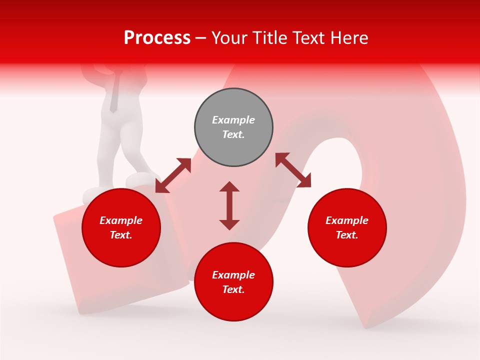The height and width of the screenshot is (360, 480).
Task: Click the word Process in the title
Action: pyautogui.click(x=157, y=38)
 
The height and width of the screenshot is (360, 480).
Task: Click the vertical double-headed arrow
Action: pyautogui.click(x=229, y=205)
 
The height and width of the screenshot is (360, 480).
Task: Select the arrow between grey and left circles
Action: pyautogui.click(x=173, y=175)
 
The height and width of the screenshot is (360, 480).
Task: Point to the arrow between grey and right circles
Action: pyautogui.click(x=293, y=170)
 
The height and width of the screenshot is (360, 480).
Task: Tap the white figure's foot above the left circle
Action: pyautogui.click(x=140, y=179)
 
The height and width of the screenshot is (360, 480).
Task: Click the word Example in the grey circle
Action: pyautogui.click(x=233, y=120)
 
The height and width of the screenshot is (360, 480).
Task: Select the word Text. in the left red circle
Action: pyautogui.click(x=121, y=235)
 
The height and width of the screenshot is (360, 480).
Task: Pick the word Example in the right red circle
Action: pyautogui.click(x=347, y=220)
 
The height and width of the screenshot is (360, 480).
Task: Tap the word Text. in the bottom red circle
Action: pyautogui.click(x=233, y=289)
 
